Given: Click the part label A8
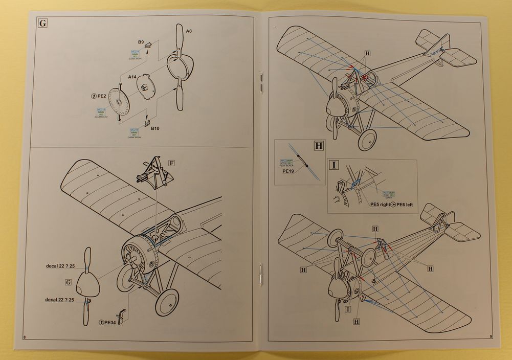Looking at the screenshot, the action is [189, 31].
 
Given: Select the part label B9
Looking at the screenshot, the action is [140, 41].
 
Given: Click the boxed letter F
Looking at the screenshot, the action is [171, 164].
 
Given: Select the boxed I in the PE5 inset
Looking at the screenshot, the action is [334, 165].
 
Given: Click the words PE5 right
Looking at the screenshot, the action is [383, 204].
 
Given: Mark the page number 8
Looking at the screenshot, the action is [24, 336].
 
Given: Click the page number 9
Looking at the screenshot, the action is [489, 336].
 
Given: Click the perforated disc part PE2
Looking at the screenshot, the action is [119, 101].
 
